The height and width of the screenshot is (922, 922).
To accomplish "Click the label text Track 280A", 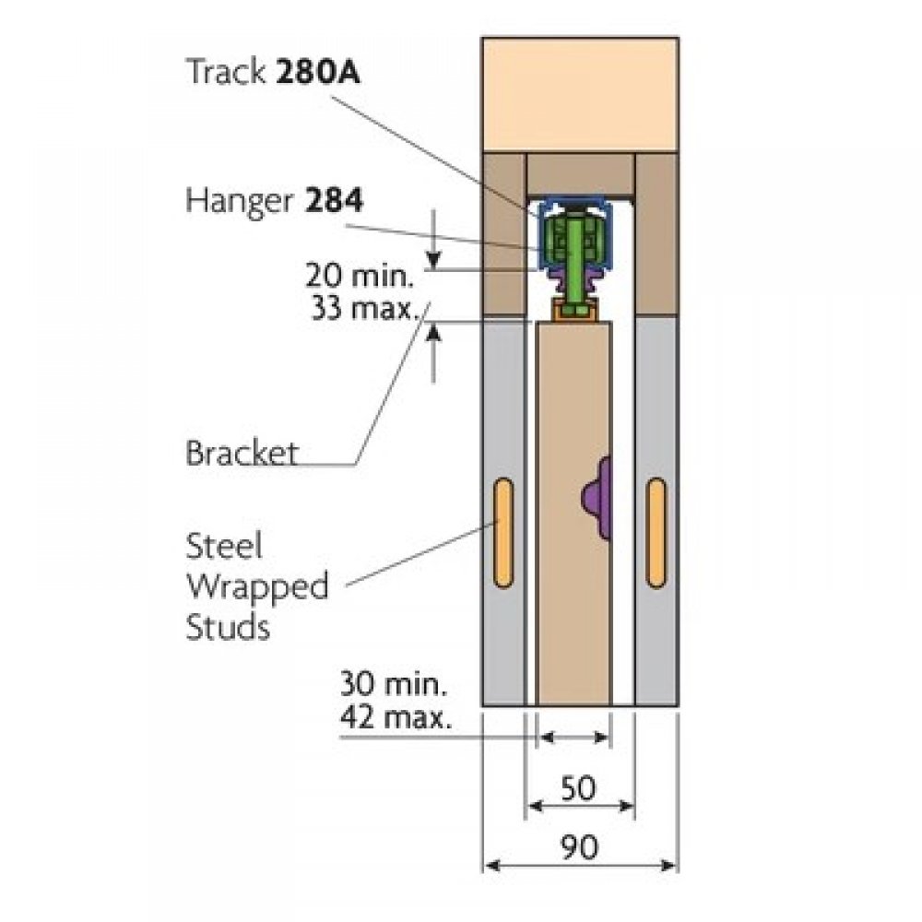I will point(273,72).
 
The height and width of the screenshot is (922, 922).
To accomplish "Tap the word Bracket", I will point(242,453).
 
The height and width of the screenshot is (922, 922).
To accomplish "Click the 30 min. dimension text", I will point(394,684).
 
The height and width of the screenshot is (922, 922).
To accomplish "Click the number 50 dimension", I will point(578,788).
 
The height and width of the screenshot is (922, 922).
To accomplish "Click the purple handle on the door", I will point(597,499).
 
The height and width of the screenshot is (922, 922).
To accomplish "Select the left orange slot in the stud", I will point(503,532).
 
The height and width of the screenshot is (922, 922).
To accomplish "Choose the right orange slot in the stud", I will point(656,532).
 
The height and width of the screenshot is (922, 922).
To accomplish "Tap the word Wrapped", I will point(257,586).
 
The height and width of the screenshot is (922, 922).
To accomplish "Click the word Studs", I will point(228,627).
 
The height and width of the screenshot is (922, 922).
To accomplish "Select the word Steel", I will point(224,546).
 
